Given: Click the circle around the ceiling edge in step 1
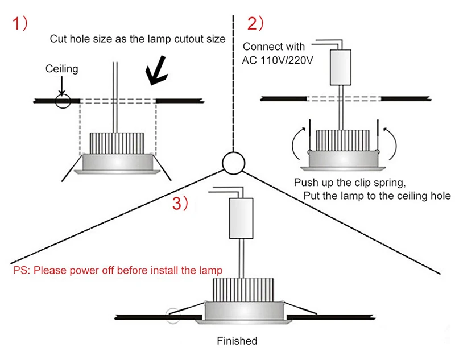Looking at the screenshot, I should tap(62, 101).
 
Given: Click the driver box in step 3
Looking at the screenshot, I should tap(240, 219).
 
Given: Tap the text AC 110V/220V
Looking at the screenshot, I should tap(278, 61).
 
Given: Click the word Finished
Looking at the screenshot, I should tap(237, 341).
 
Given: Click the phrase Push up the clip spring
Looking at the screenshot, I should tap(346, 183).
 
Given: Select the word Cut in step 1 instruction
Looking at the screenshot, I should tap(58, 39).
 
